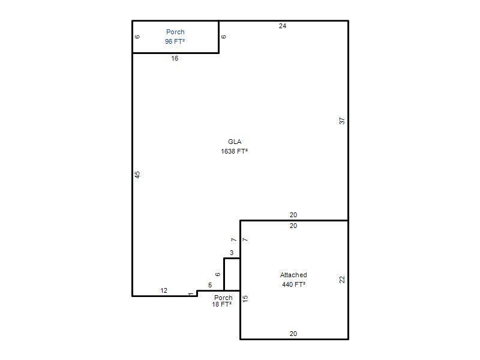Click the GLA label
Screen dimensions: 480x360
(235, 142)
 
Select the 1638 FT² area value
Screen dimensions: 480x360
(235, 151)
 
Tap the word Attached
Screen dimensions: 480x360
(293, 275)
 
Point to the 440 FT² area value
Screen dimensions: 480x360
(293, 284)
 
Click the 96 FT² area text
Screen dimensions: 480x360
(175, 41)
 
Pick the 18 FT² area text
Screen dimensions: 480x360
(221, 304)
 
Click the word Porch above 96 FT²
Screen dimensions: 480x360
(175, 32)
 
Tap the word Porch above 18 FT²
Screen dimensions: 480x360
(223, 298)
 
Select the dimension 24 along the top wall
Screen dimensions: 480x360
(283, 26)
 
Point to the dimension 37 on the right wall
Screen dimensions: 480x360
(342, 121)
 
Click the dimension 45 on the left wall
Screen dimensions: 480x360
(137, 175)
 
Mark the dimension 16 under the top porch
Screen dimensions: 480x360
(175, 58)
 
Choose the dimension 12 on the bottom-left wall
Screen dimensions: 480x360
(164, 290)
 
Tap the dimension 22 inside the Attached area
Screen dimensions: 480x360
(342, 280)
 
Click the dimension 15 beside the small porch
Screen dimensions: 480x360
(245, 299)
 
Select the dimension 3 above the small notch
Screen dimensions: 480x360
(232, 253)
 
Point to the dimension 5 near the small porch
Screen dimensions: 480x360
(210, 286)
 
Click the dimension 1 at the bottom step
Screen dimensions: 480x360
(191, 294)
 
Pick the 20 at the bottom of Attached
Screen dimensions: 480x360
(293, 334)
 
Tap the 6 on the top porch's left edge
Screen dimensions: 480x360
(137, 37)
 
